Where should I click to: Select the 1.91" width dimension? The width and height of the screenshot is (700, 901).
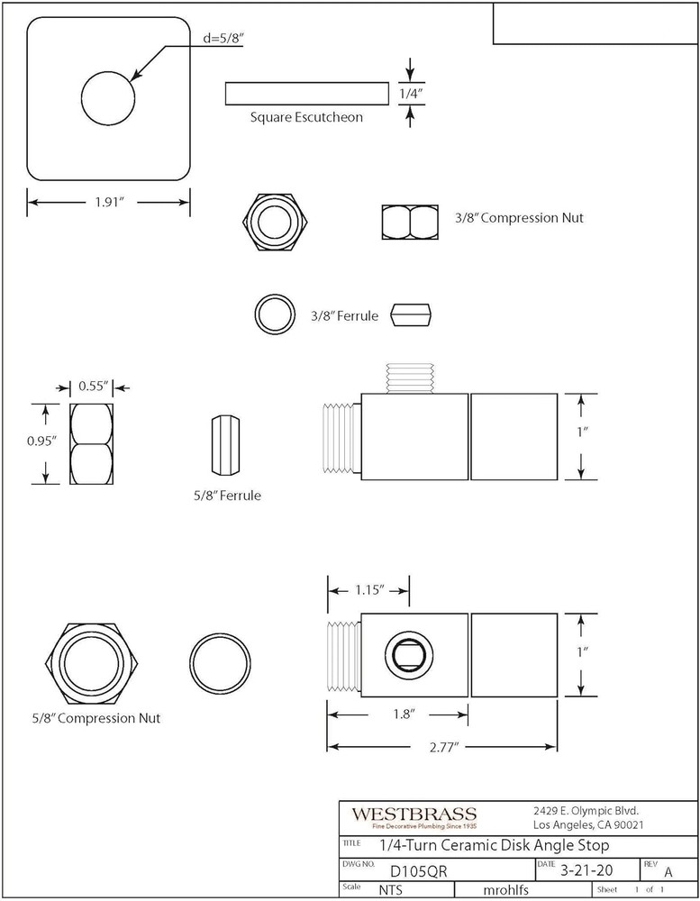[x=109, y=203]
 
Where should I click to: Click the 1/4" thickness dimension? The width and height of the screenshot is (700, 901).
[x=410, y=92]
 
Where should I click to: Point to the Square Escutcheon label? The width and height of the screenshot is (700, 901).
[x=306, y=117]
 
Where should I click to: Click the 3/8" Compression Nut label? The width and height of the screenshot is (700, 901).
[x=513, y=217]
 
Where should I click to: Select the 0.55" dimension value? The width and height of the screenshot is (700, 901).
[x=93, y=387]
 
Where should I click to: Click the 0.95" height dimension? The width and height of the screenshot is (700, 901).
[x=42, y=441]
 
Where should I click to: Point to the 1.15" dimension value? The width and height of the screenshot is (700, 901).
[x=368, y=590]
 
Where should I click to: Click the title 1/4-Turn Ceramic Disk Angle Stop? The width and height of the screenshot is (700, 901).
[x=494, y=845]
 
